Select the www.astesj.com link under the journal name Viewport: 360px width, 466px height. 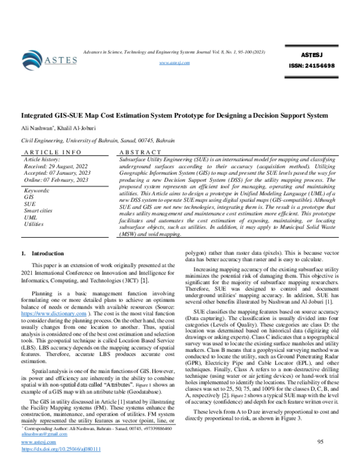174,62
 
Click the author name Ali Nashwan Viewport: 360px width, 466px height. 37,128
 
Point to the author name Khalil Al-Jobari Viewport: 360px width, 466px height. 81,128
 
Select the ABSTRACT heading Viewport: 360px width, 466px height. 141,153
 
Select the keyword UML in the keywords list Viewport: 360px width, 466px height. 31,217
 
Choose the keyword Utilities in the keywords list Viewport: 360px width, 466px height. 34,224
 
